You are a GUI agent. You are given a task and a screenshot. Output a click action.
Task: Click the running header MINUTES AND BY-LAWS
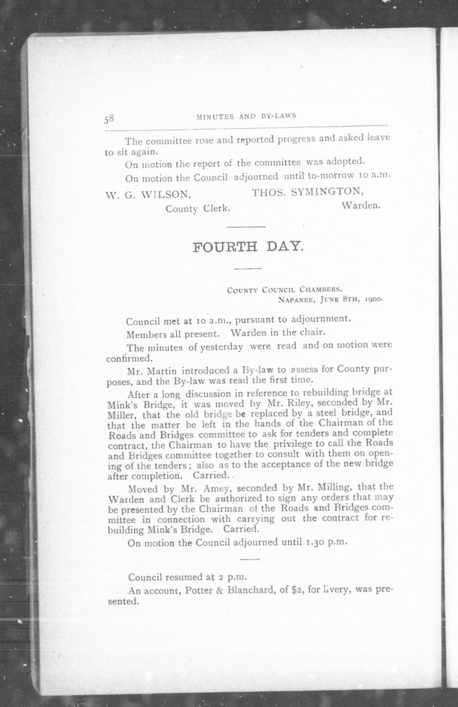click(246, 116)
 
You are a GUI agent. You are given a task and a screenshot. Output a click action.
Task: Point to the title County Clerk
click(198, 209)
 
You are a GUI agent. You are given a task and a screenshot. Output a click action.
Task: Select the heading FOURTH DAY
click(248, 246)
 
